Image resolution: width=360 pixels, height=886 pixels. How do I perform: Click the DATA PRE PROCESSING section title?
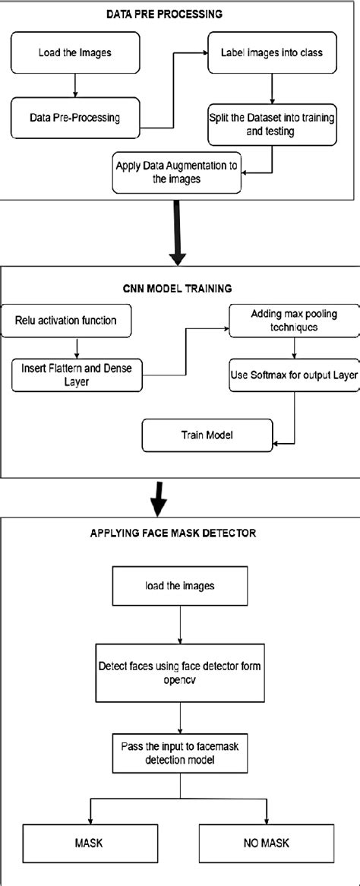[x=179, y=14]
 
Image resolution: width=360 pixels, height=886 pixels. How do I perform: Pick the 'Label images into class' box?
[x=262, y=52]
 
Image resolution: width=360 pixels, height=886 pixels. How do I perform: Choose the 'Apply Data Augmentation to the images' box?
[x=177, y=175]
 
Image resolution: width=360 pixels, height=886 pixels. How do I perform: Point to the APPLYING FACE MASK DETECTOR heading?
[x=179, y=533]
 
